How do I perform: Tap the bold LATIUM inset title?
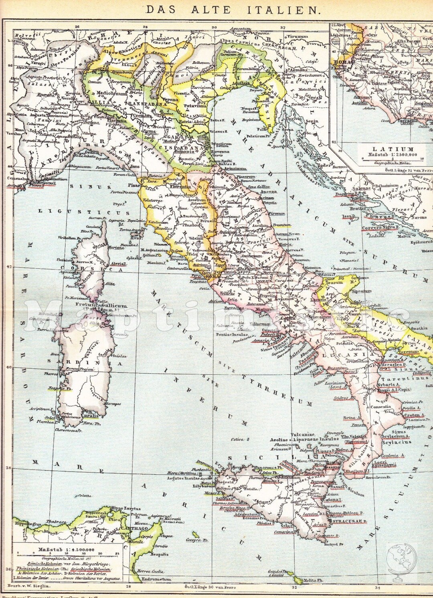(387, 149)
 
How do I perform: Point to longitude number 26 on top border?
(77, 27)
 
